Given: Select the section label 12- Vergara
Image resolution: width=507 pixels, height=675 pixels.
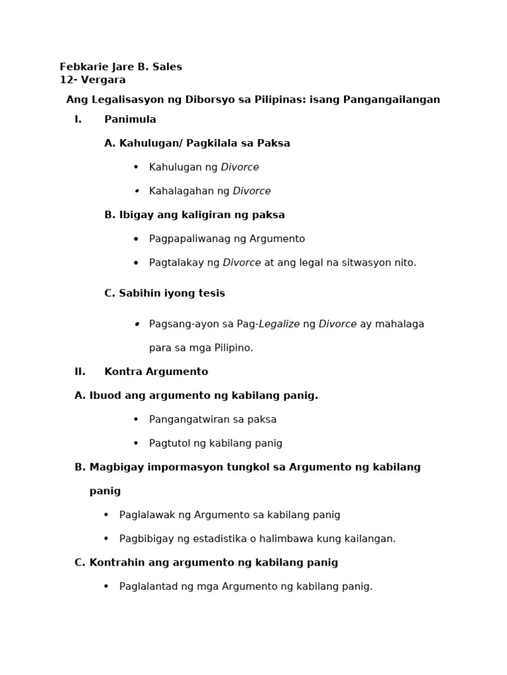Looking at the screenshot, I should click(92, 80).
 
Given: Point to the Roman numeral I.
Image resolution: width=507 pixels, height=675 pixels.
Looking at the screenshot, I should click(78, 119).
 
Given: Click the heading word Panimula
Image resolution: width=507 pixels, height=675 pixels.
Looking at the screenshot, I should click(130, 119).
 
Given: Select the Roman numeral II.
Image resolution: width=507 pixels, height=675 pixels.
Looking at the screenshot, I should click(80, 372).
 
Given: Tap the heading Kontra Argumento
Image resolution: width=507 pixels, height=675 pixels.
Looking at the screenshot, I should click(156, 372).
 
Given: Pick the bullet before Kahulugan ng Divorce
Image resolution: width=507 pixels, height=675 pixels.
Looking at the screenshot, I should click(136, 167).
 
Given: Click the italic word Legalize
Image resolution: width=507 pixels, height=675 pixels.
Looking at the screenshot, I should click(279, 324).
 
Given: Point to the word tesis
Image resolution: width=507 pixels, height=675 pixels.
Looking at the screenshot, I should click(210, 293).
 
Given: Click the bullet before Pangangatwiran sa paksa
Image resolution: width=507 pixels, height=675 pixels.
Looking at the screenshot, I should click(136, 419).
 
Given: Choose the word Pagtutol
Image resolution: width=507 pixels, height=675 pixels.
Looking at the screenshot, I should click(170, 443).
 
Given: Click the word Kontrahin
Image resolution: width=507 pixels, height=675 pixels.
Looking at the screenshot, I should click(115, 562).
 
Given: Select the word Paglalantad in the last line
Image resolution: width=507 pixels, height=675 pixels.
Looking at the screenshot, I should click(149, 586).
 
